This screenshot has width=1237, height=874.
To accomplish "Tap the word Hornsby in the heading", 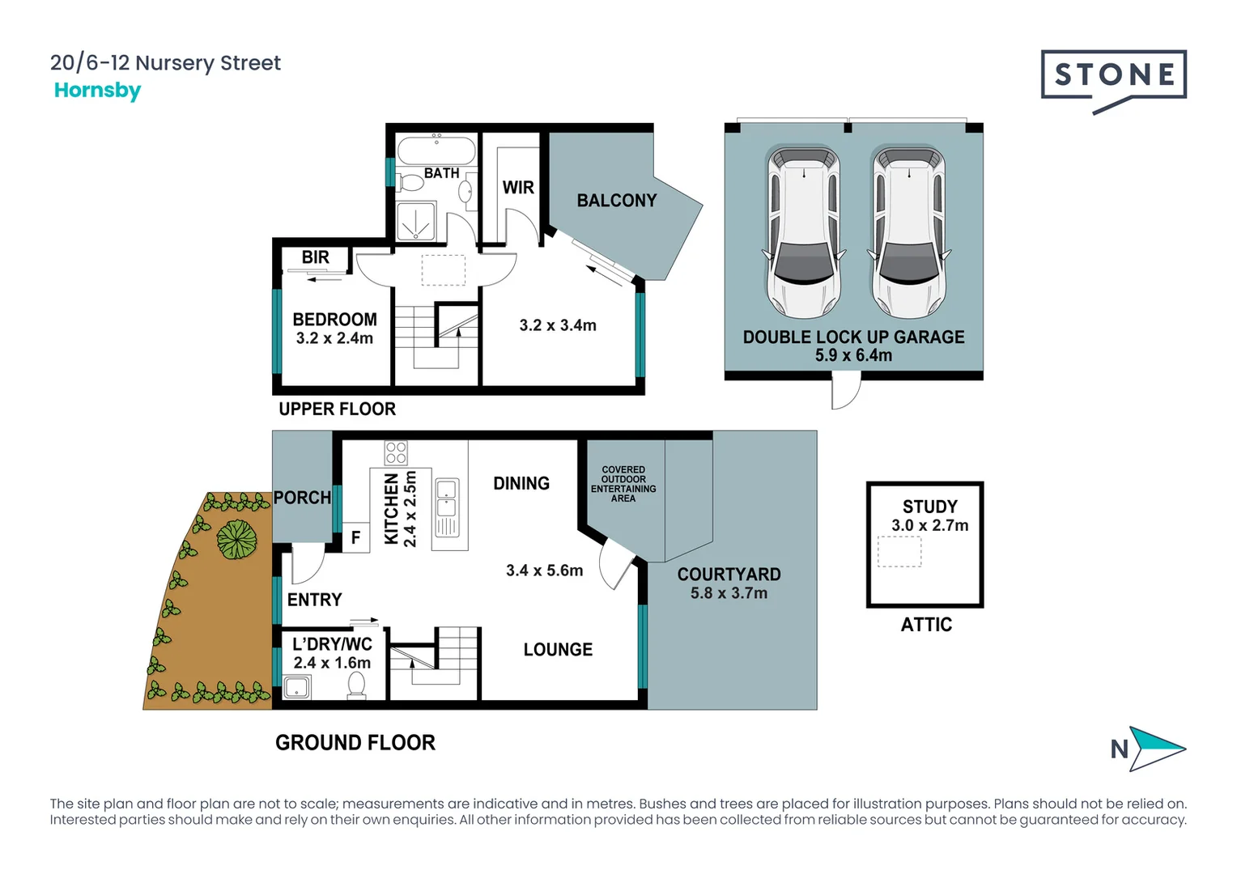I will click(x=97, y=90).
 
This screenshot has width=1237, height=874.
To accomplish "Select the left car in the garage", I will click(x=803, y=231).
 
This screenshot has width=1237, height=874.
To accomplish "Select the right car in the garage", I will click(x=908, y=231).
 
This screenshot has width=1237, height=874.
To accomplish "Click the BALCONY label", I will click(x=616, y=201).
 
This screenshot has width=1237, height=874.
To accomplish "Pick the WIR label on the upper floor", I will click(x=518, y=188).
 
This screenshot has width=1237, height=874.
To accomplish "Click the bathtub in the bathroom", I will click(x=436, y=151).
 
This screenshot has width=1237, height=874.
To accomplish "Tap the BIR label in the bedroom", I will click(x=315, y=257).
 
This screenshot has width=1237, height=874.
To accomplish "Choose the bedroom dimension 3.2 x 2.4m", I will click(x=334, y=338).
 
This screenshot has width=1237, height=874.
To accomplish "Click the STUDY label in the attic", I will click(x=929, y=507).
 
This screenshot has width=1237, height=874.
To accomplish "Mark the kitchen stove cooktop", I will click(x=396, y=452).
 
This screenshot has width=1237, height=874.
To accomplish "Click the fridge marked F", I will click(x=355, y=538).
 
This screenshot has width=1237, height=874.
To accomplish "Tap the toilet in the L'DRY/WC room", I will click(x=356, y=685).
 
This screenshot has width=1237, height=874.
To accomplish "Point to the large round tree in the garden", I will click(x=236, y=539).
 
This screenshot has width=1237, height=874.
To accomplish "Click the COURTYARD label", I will click(x=729, y=575).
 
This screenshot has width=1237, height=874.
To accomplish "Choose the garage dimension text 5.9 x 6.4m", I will click(x=853, y=355).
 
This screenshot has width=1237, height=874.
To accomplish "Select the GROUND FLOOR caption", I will click(x=355, y=742).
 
